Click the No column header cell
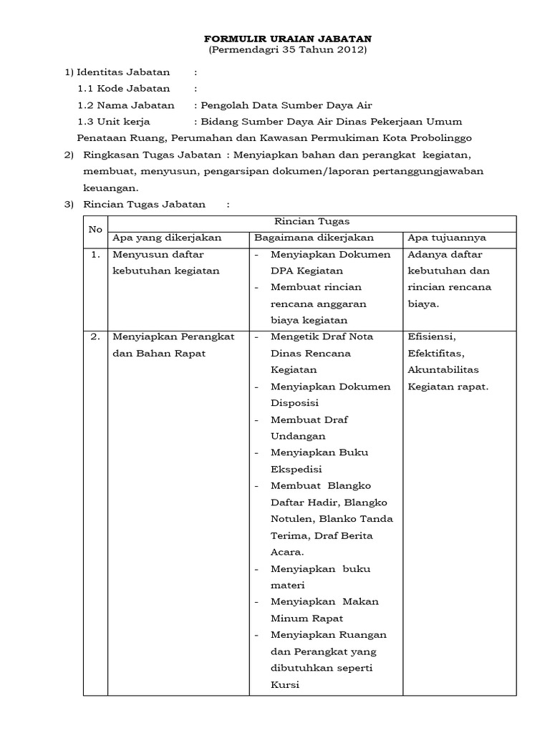tap(95, 230)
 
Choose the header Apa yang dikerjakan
tap(167, 238)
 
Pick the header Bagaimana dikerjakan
tap(314, 238)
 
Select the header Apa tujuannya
tap(447, 238)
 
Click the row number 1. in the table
tap(95, 254)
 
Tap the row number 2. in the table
tap(95, 336)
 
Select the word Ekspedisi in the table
tap(296, 469)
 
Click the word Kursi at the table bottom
tap(284, 684)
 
